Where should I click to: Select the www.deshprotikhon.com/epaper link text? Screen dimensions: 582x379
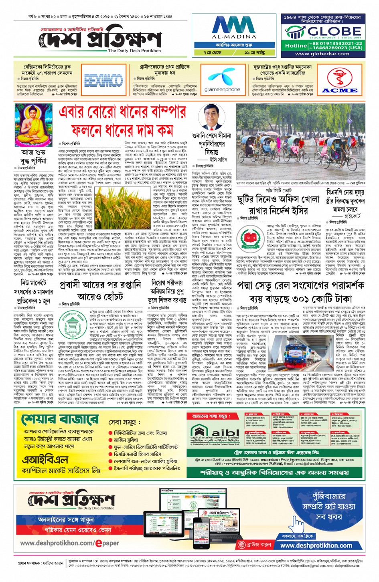pos(70,543)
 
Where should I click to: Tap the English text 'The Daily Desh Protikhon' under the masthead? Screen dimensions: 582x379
pos(134,51)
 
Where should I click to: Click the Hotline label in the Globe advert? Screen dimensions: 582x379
pos(296,45)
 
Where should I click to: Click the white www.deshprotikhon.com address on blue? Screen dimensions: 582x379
pos(316,546)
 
